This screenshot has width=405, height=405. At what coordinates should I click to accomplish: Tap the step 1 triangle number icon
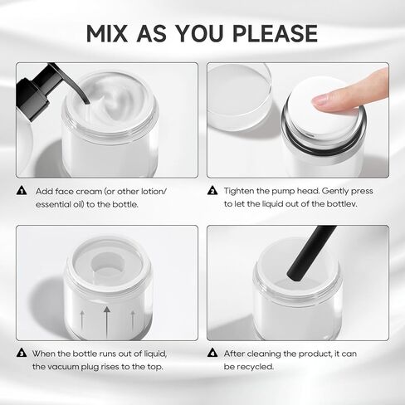pos(22,190)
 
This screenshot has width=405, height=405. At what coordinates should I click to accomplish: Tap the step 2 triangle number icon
pos(212,190)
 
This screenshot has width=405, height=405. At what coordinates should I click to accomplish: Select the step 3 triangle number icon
pos(22,353)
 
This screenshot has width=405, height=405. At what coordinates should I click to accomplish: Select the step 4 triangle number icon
pos(212,353)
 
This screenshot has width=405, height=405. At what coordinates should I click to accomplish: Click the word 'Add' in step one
pos(44,190)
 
